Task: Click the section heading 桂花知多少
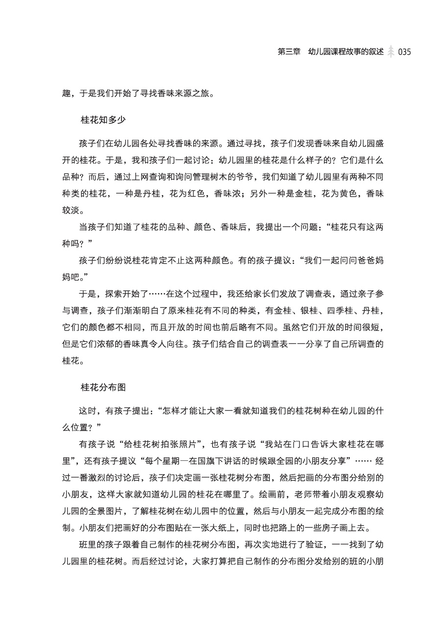[103, 119]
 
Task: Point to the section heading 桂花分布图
[103, 387]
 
